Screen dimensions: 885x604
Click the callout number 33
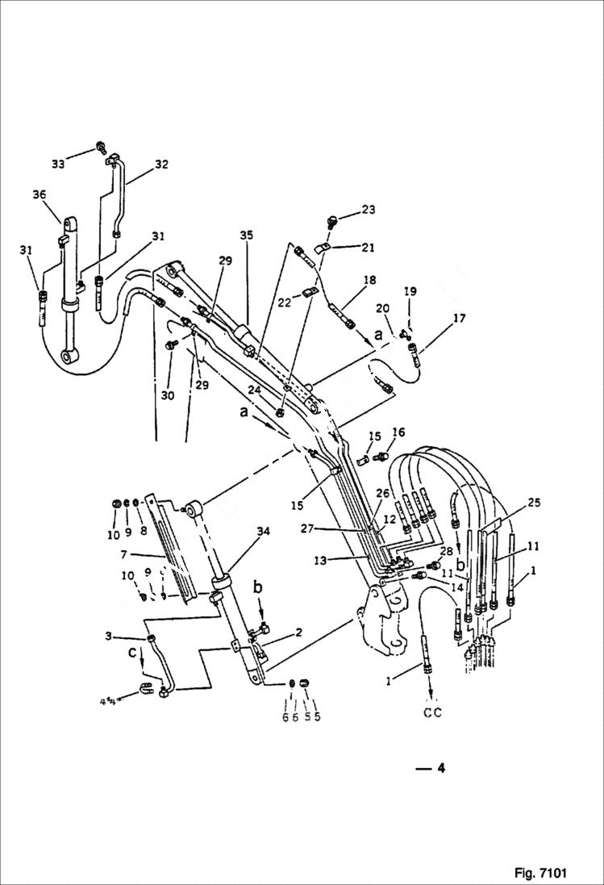coord(58,164)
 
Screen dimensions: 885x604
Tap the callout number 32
coord(161,164)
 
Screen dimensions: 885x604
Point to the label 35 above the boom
coord(245,235)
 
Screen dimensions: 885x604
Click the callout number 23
coord(369,210)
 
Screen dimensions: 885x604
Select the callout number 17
coord(459,319)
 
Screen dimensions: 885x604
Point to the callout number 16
coord(398,432)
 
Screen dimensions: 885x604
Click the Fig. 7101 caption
coord(539,873)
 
